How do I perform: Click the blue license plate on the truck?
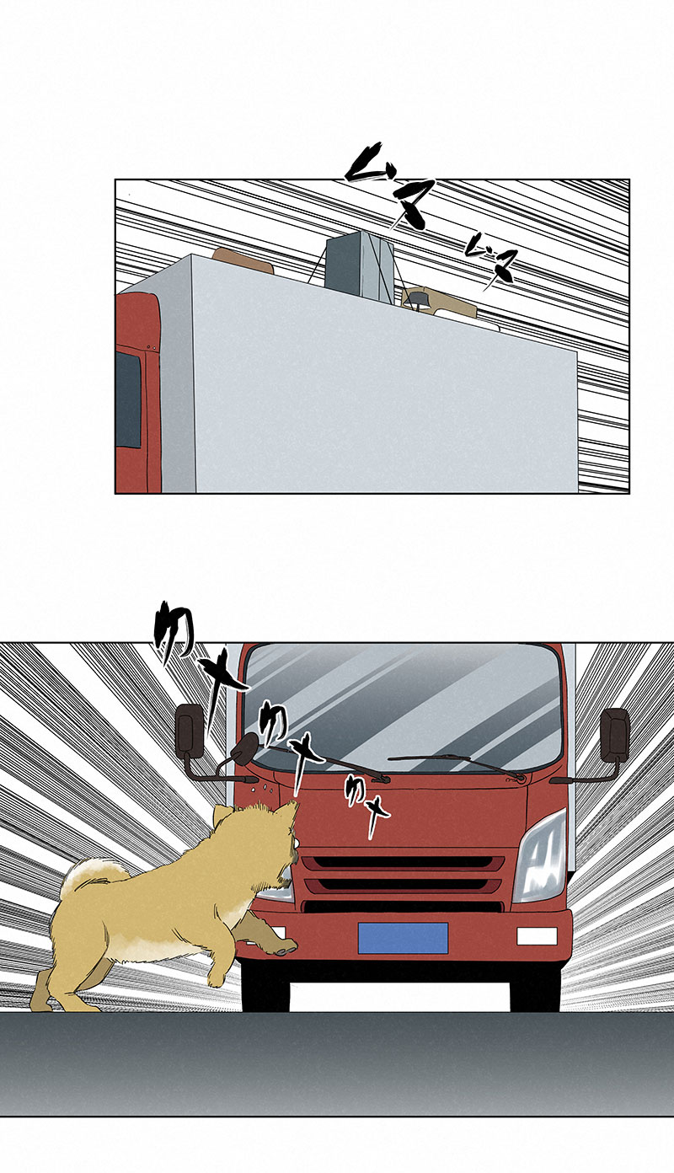pos(403,938)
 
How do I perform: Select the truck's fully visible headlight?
pos(540,858)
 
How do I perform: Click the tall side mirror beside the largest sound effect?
pos(188,730)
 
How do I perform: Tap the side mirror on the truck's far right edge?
pos(615,735)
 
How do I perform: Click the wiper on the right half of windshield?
pos(459,763)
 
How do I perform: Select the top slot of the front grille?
pos(403,864)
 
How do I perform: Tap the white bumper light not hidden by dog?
pos(537,936)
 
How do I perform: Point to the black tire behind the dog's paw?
pos(265,986)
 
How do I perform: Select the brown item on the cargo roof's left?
pos(243,260)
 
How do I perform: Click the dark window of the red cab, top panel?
pos(128,399)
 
